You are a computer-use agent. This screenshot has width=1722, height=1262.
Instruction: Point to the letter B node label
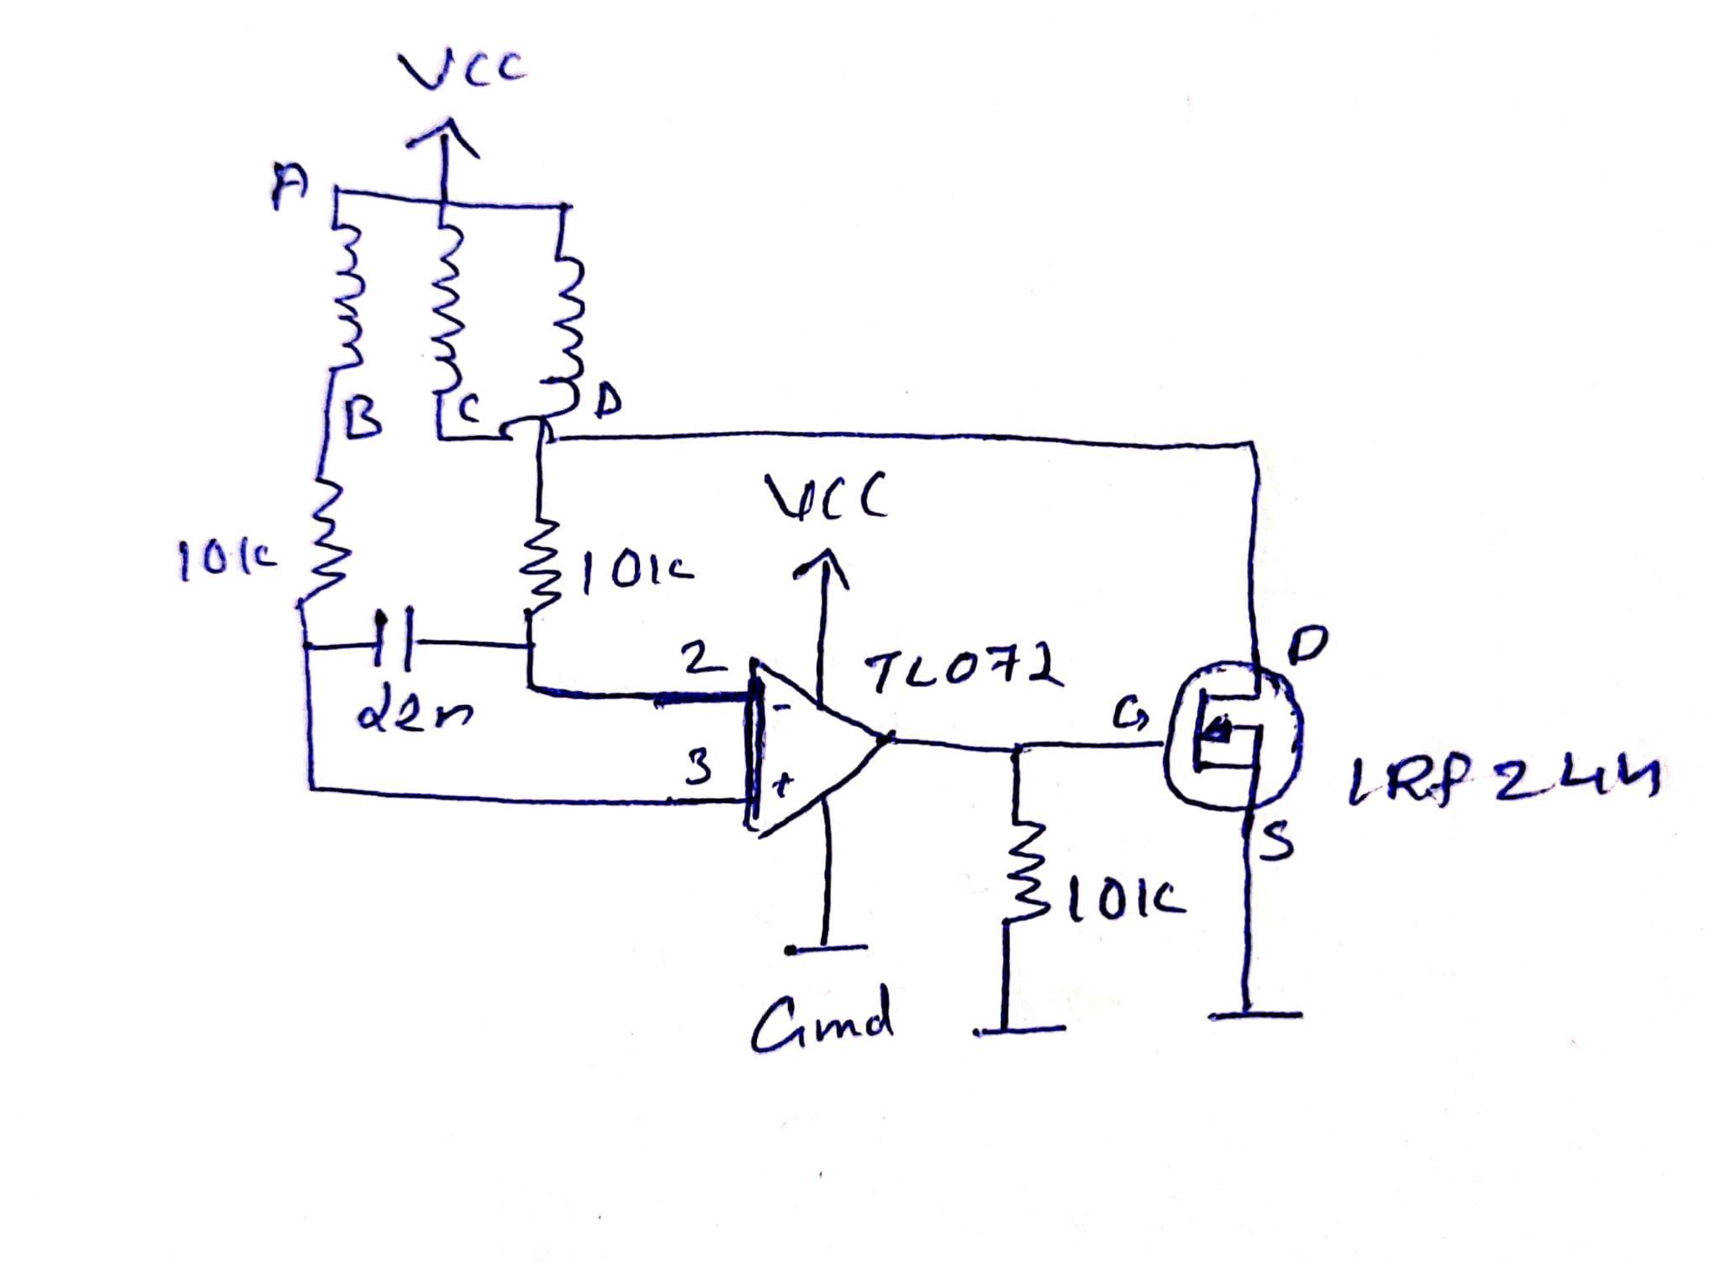[363, 415]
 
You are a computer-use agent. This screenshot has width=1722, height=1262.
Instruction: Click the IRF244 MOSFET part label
[1502, 781]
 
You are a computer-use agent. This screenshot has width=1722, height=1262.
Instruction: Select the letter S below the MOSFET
[1276, 843]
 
